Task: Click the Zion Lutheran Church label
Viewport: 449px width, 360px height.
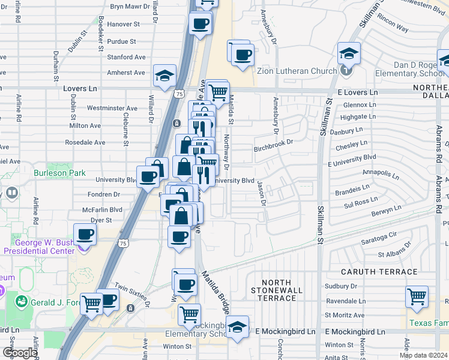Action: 297,71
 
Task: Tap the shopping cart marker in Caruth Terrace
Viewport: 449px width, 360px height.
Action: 417,296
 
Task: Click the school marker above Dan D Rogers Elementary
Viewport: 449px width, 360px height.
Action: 348,53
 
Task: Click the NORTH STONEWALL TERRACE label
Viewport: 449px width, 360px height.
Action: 276,290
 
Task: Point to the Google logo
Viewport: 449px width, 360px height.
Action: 19,353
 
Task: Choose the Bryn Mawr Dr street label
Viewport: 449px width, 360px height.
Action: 133,7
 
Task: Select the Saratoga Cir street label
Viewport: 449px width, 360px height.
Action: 380,235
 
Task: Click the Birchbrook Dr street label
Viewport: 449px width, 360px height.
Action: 273,143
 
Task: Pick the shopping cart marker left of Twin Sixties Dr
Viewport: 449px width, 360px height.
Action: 91,304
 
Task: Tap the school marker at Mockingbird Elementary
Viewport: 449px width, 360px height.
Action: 238,328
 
